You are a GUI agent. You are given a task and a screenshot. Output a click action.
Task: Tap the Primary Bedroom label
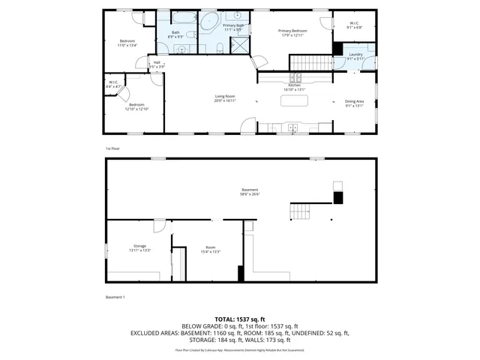[x=294, y=33]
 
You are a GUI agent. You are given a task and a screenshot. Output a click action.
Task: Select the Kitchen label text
[x=295, y=88]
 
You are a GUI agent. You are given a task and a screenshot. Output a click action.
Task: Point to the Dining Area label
[x=354, y=103]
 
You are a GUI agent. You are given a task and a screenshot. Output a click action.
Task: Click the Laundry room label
[x=355, y=56]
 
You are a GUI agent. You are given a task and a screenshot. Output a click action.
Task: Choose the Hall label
[x=157, y=64]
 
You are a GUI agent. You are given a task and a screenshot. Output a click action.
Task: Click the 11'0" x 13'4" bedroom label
[x=127, y=43]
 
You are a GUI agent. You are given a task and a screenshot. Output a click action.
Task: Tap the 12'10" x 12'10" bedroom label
[x=138, y=106]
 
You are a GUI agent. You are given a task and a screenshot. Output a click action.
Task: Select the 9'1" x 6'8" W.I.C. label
[x=353, y=25]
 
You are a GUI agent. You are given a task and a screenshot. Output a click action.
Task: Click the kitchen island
[x=295, y=103]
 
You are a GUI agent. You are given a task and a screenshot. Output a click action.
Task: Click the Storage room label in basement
[x=140, y=248]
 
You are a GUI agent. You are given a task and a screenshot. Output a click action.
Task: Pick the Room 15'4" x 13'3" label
[x=210, y=249]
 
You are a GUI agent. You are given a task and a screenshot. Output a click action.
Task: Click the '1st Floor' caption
[x=113, y=148]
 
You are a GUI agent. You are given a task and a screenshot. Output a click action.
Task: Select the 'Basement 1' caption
[x=115, y=297]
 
